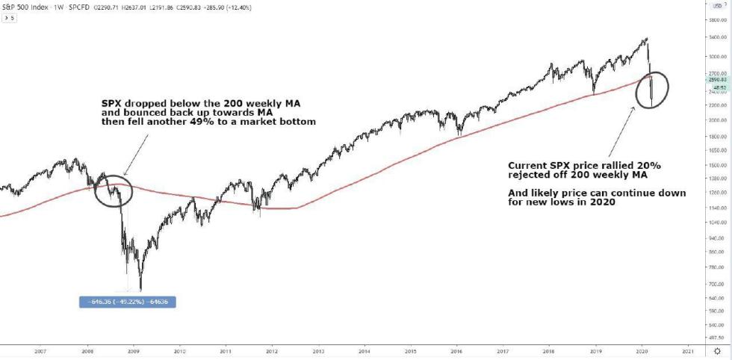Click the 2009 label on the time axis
133,350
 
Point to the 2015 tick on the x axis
411,350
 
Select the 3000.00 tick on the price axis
719,57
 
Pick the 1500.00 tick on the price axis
719,164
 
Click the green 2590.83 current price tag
719,79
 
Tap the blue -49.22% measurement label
128,302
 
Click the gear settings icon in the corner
719,350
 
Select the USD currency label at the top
719,5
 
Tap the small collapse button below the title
9,16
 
